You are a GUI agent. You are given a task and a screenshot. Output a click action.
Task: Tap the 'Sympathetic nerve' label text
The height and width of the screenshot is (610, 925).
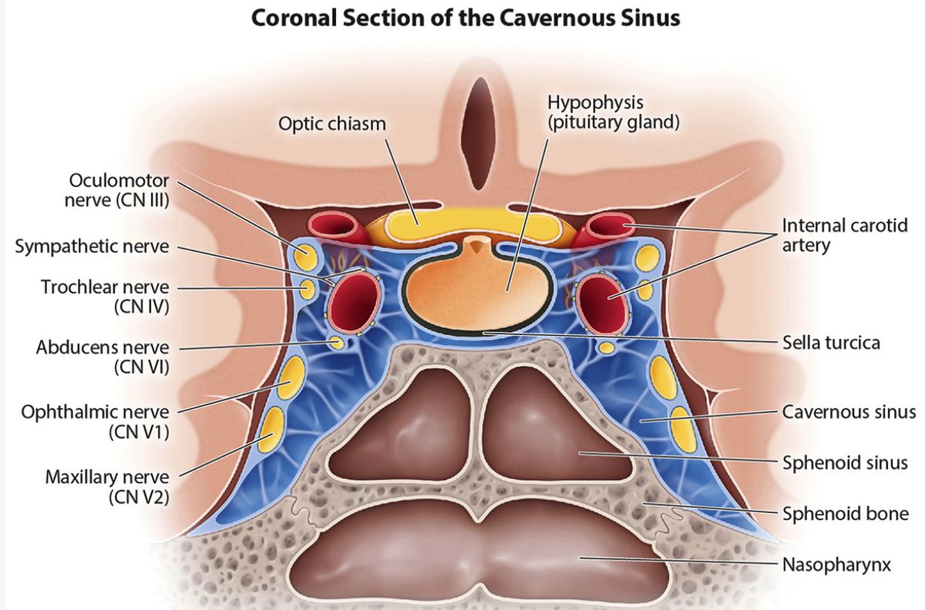92,247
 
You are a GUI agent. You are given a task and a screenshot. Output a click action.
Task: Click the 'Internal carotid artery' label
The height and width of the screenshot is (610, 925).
843,236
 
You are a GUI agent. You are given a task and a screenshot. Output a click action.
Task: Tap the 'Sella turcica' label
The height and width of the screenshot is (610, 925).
831,342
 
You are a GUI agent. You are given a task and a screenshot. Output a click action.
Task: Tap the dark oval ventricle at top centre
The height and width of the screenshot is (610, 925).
479,136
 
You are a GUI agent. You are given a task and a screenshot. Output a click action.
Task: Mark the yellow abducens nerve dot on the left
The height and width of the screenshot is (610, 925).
336,341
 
